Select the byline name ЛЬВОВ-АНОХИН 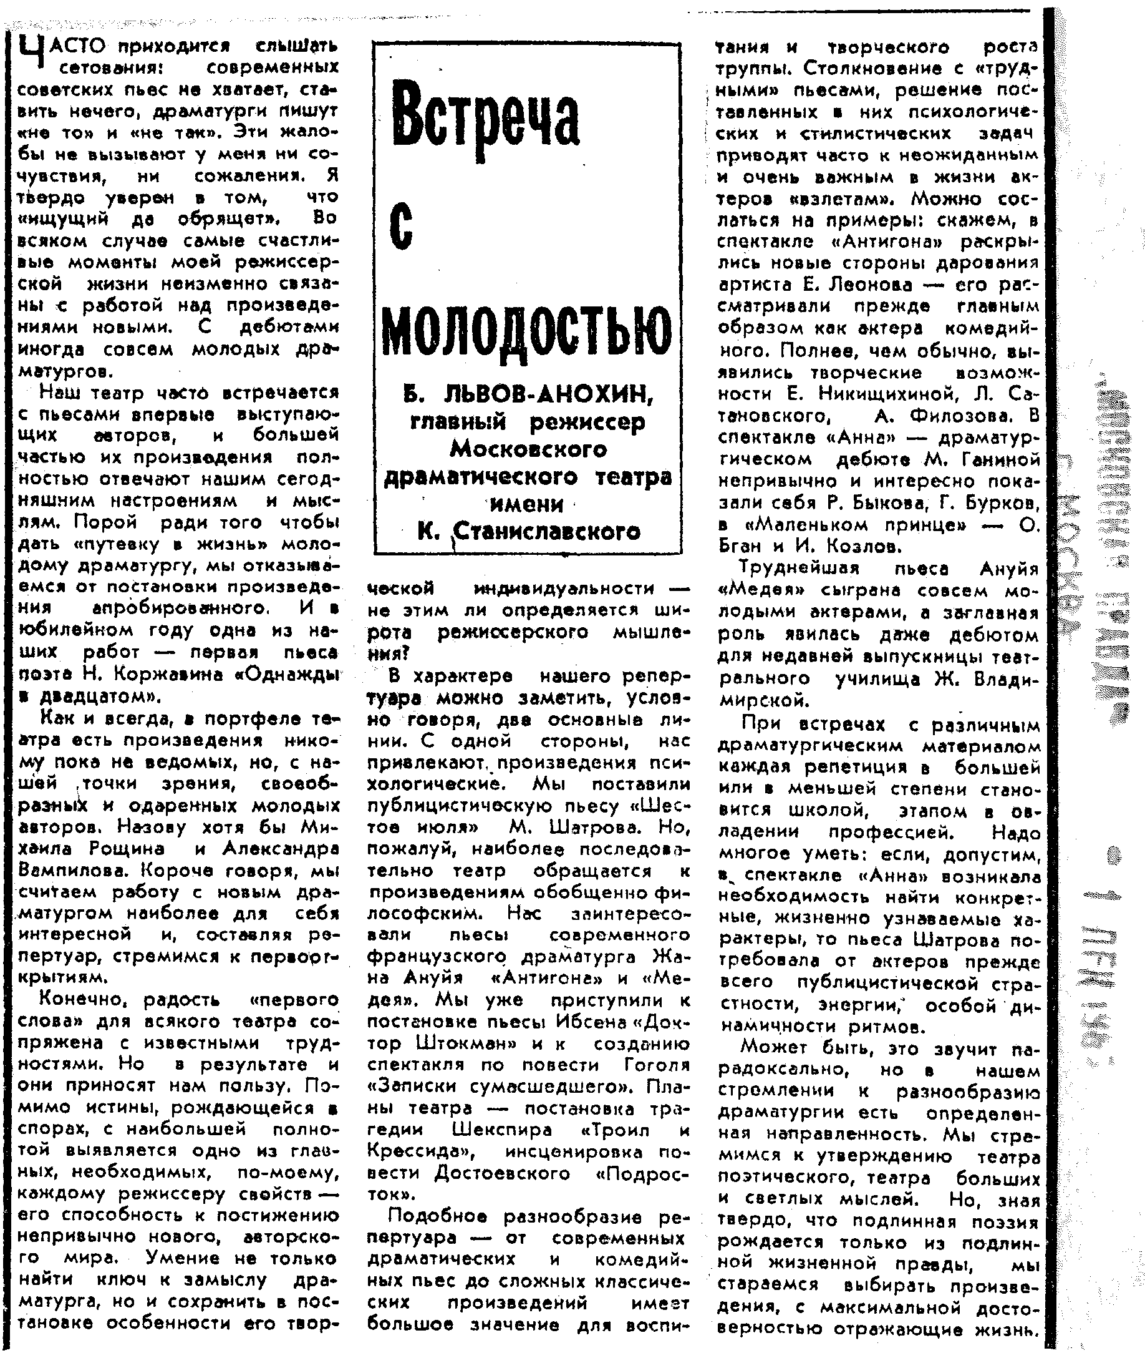click(548, 393)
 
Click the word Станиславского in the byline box click(546, 532)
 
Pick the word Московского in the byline click(528, 449)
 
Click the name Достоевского click(502, 1173)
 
